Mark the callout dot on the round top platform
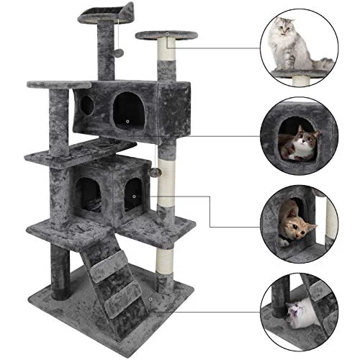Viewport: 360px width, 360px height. coord(166,34)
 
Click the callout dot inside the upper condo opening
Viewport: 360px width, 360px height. coord(127,122)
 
